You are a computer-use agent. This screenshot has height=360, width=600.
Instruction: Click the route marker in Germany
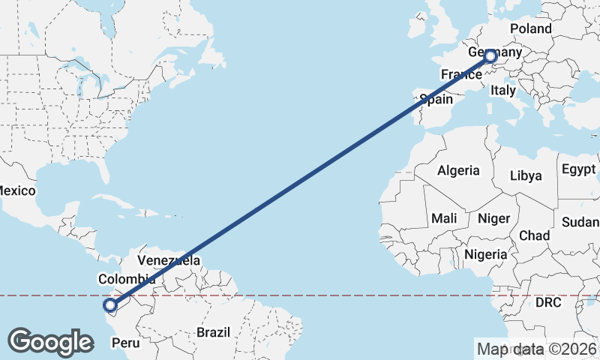click(490, 56)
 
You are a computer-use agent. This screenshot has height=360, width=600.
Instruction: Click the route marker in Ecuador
click(110, 305)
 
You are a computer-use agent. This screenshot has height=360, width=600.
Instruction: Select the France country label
click(460, 74)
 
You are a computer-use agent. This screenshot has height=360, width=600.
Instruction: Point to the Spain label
click(436, 99)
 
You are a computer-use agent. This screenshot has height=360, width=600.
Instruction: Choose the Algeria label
click(458, 170)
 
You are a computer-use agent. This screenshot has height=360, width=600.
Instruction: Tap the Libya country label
click(525, 175)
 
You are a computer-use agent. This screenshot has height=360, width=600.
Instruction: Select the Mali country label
click(444, 218)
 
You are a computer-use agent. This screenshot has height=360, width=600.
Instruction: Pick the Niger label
click(494, 218)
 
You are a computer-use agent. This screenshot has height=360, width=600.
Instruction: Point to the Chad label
click(534, 235)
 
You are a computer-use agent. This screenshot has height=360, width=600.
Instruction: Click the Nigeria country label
click(486, 254)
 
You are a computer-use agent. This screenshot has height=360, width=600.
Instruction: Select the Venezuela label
click(169, 261)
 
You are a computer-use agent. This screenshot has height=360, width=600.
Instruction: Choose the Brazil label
click(212, 331)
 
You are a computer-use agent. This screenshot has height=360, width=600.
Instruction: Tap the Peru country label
click(126, 343)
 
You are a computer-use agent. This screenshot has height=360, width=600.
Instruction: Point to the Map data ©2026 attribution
click(536, 349)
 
